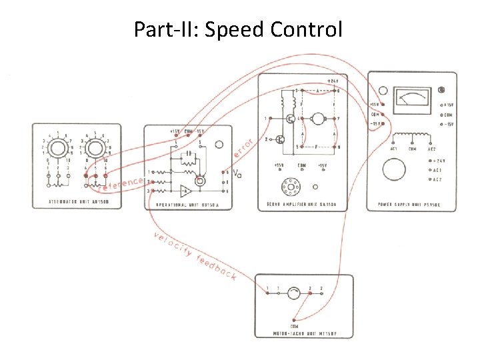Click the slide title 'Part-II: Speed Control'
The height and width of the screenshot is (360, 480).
(x=238, y=30)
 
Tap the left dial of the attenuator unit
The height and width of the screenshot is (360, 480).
(x=57, y=146)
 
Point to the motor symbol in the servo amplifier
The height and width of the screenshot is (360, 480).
(x=318, y=119)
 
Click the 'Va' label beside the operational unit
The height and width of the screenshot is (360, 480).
(x=238, y=175)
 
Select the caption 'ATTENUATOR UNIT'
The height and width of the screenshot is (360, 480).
(x=77, y=202)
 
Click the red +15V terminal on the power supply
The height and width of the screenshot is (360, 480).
(x=382, y=105)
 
